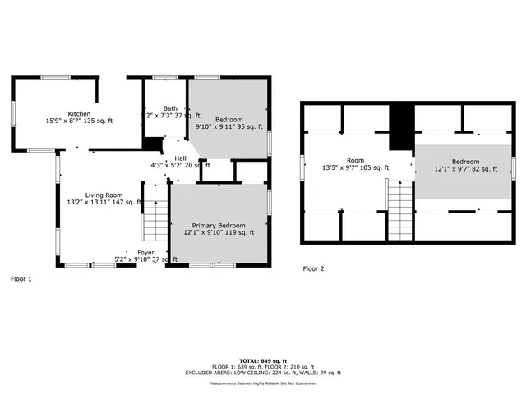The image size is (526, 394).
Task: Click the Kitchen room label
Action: (79, 114)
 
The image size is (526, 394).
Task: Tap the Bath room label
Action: (170, 108)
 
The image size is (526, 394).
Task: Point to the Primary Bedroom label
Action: (219, 225)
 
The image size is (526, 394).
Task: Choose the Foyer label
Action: (145, 252)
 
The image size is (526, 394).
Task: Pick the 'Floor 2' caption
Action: (313, 268)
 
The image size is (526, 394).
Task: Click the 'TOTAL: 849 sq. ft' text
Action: (263, 361)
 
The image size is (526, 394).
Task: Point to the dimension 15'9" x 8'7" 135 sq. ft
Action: (79, 121)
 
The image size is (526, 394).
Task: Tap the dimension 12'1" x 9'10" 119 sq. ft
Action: (219, 232)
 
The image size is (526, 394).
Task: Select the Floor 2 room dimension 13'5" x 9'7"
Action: (355, 168)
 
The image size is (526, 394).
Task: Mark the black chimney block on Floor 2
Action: (399, 127)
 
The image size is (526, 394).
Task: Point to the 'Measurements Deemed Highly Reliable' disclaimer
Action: (263, 383)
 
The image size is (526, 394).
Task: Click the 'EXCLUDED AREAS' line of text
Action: (263, 373)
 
